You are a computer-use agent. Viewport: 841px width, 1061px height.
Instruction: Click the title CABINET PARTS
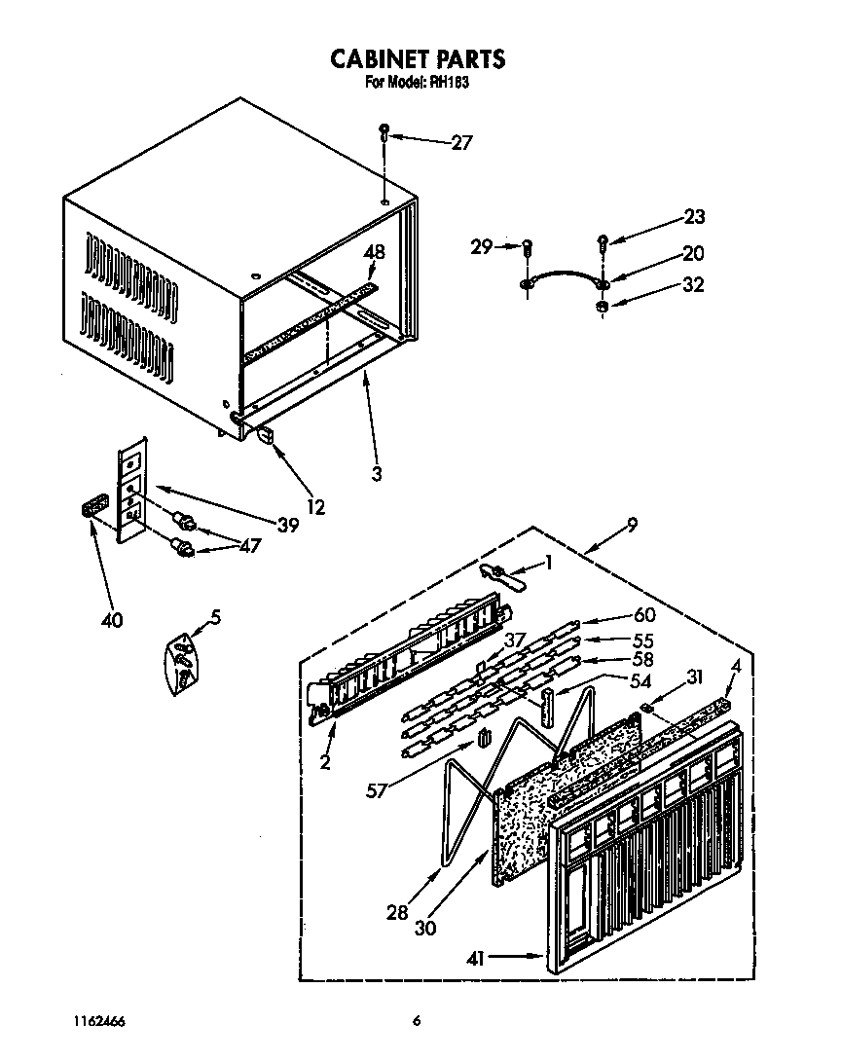pyautogui.click(x=418, y=59)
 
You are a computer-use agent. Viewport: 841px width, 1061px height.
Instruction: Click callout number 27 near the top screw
pyautogui.click(x=461, y=143)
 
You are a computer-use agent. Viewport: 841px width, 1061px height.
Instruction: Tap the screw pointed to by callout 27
pyautogui.click(x=385, y=130)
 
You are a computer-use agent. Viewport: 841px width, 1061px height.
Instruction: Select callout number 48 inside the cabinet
pyautogui.click(x=374, y=252)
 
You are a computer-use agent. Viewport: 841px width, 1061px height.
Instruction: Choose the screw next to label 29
pyautogui.click(x=528, y=248)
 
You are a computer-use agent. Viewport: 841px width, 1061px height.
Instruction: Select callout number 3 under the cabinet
pyautogui.click(x=377, y=475)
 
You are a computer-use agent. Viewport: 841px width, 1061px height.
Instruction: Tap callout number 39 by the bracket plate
pyautogui.click(x=286, y=526)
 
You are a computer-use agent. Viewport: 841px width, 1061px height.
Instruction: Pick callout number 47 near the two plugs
pyautogui.click(x=248, y=546)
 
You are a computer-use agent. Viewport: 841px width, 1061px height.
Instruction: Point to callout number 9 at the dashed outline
pyautogui.click(x=633, y=526)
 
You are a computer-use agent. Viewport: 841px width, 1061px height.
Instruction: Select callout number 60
pyautogui.click(x=644, y=615)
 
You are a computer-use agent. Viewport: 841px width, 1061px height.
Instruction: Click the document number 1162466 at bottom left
pyautogui.click(x=98, y=1021)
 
